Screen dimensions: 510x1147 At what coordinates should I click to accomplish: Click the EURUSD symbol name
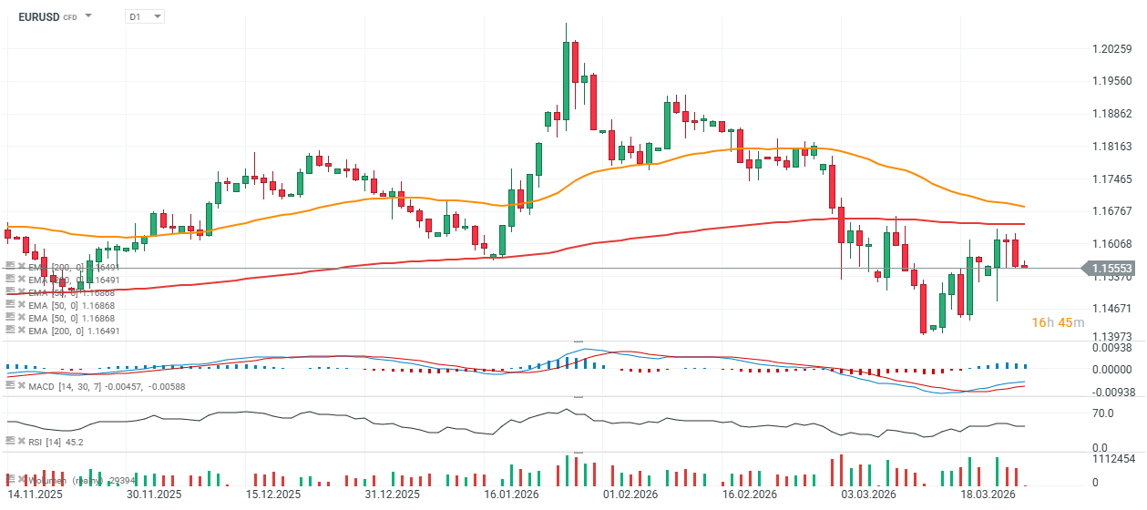point(38,16)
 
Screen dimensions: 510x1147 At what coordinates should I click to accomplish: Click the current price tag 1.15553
point(1112,269)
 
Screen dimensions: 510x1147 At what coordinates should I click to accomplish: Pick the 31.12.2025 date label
point(391,495)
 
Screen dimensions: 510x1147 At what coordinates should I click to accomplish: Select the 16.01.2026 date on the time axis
point(510,495)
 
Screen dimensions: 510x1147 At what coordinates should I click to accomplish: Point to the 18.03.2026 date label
point(988,495)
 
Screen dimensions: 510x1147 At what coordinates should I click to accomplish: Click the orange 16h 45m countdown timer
point(1057,323)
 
